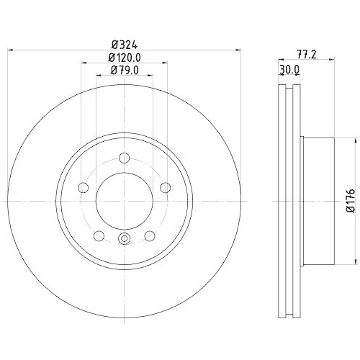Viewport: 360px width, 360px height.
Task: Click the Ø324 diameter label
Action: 125,45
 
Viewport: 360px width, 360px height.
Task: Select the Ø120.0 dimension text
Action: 125,58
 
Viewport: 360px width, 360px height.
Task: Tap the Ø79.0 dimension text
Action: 125,71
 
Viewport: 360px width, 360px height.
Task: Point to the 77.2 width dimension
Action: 307,55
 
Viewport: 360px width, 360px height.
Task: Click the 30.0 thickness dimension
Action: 289,70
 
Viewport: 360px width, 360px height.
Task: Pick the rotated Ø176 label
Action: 350,201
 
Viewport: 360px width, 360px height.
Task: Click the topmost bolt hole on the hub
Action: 125,158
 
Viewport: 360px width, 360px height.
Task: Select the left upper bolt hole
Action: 84,187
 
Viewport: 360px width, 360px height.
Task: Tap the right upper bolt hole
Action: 166,187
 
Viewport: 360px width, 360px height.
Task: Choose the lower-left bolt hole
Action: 99,235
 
